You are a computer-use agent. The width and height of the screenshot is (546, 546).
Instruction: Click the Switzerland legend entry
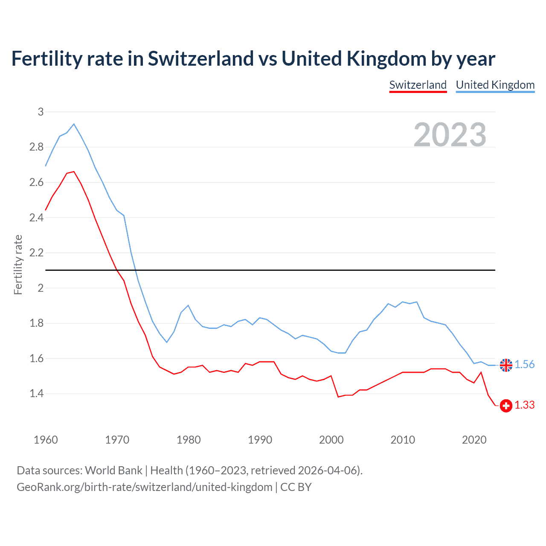[x=418, y=85]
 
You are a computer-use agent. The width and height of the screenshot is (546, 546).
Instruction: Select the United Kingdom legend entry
[x=495, y=85]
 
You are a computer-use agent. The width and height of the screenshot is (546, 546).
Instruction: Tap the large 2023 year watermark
[x=450, y=135]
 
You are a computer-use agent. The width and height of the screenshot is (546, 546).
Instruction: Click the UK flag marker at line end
[x=506, y=365]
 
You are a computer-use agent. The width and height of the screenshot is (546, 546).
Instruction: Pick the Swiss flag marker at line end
[x=506, y=406]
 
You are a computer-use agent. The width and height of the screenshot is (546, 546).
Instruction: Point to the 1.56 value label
[x=524, y=365]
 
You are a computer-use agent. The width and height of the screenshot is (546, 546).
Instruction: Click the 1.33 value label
[x=524, y=405]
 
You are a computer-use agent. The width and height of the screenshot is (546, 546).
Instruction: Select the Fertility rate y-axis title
[x=18, y=264]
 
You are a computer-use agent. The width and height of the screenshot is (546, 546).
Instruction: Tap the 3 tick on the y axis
[x=41, y=112]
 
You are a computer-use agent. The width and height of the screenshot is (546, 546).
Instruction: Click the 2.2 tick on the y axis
[x=37, y=253]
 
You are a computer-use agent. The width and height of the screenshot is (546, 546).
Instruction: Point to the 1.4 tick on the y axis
[x=37, y=393]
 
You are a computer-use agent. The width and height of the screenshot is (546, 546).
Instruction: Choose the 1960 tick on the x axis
[x=46, y=440]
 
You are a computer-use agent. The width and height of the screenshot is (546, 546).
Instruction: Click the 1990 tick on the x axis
[x=260, y=440]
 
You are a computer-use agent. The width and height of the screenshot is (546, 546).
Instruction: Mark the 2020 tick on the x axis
[x=474, y=440]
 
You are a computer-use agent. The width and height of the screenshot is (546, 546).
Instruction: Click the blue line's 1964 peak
[x=74, y=124]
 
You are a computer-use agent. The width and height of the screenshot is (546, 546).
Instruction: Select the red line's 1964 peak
[x=74, y=171]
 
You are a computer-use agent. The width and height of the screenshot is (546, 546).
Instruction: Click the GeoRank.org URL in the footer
[x=144, y=487]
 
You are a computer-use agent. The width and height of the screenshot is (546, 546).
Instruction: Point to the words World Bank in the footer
[x=113, y=470]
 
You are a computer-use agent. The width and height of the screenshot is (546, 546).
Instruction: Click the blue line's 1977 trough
[x=167, y=342]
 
